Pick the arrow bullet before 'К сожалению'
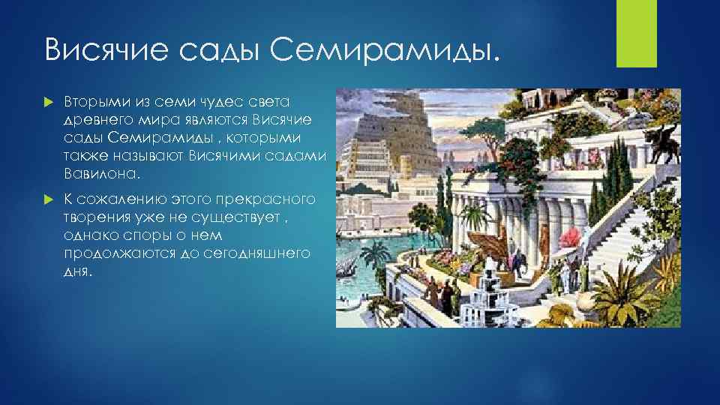[50, 199]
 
